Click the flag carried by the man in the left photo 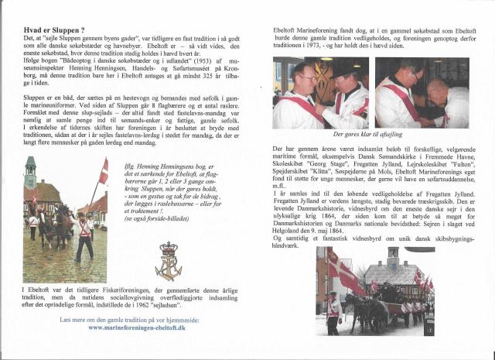point(103,171)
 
